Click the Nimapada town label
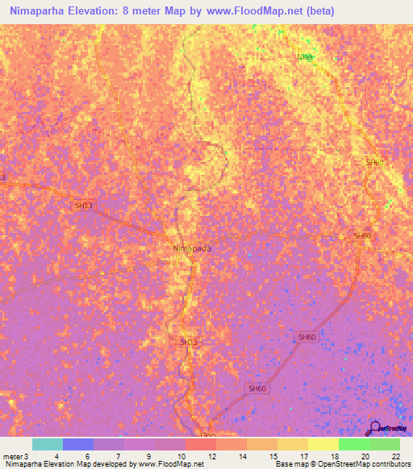[x=192, y=248]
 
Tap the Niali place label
[x=305, y=56]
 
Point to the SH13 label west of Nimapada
[x=84, y=205]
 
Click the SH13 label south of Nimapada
[x=188, y=342]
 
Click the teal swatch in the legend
[x=47, y=444]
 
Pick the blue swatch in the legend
[x=77, y=444]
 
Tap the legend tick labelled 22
[x=395, y=456]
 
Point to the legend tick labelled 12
[x=211, y=456]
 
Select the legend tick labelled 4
[x=57, y=456]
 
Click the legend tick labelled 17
[x=303, y=456]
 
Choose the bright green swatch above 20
[x=353, y=444]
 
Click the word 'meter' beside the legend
[x=13, y=456]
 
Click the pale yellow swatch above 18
[x=323, y=444]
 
